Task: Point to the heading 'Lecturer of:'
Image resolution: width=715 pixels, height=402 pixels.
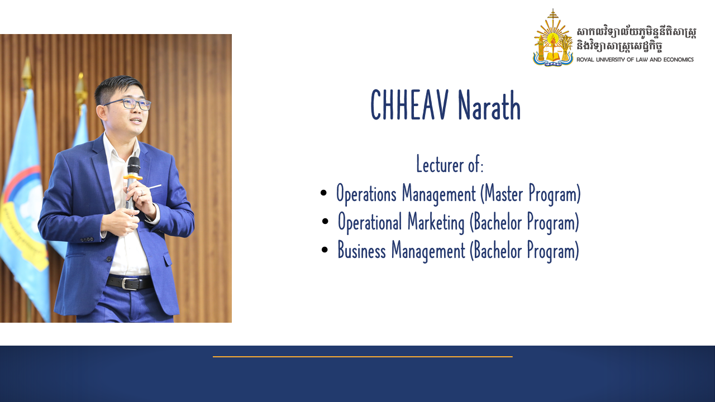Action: (450, 165)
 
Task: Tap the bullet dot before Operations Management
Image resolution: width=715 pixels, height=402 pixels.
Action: (323, 193)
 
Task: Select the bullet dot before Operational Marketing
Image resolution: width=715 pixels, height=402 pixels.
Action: (325, 222)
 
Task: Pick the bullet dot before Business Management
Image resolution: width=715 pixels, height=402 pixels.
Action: (325, 250)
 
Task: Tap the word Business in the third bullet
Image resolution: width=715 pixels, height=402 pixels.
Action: (361, 250)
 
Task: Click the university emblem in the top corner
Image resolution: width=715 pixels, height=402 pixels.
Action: (552, 38)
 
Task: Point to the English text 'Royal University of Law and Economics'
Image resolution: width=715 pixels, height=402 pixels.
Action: (635, 59)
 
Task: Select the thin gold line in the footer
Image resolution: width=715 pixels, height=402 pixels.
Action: (363, 356)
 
